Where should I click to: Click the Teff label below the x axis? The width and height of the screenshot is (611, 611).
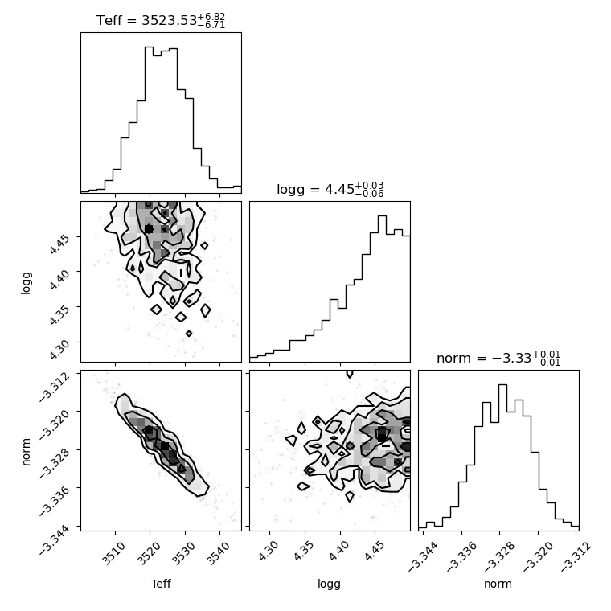click(161, 584)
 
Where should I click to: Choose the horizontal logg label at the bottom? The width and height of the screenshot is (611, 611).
click(330, 584)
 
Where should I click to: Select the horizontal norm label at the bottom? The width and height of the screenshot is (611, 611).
click(498, 584)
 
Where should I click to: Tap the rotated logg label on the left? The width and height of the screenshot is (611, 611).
click(26, 283)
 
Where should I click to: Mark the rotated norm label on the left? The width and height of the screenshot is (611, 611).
click(26, 452)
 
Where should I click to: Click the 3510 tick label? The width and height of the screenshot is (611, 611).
click(113, 553)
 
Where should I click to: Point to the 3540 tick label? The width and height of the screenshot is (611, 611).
click(218, 553)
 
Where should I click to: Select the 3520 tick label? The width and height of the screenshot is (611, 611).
click(148, 553)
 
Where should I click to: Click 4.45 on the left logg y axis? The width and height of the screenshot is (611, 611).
click(60, 244)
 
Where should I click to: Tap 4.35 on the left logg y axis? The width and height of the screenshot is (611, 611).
click(60, 314)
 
